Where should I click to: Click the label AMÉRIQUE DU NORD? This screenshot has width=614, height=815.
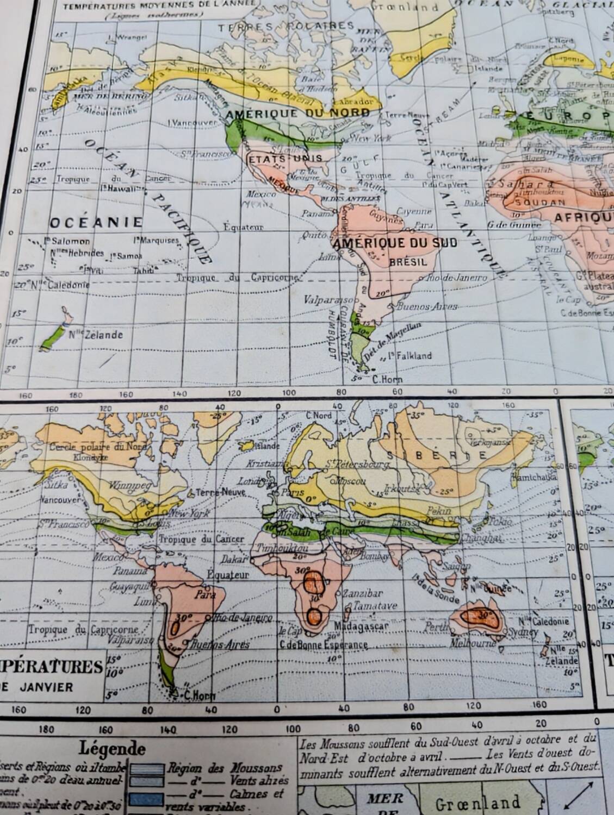(x=297, y=114)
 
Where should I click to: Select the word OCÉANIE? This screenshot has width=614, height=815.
(x=96, y=222)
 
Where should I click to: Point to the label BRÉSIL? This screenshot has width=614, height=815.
(x=406, y=261)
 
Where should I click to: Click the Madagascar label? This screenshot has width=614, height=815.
(x=361, y=626)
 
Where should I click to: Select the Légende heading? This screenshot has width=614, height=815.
(x=112, y=748)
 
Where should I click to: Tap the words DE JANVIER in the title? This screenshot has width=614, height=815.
(x=36, y=687)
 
